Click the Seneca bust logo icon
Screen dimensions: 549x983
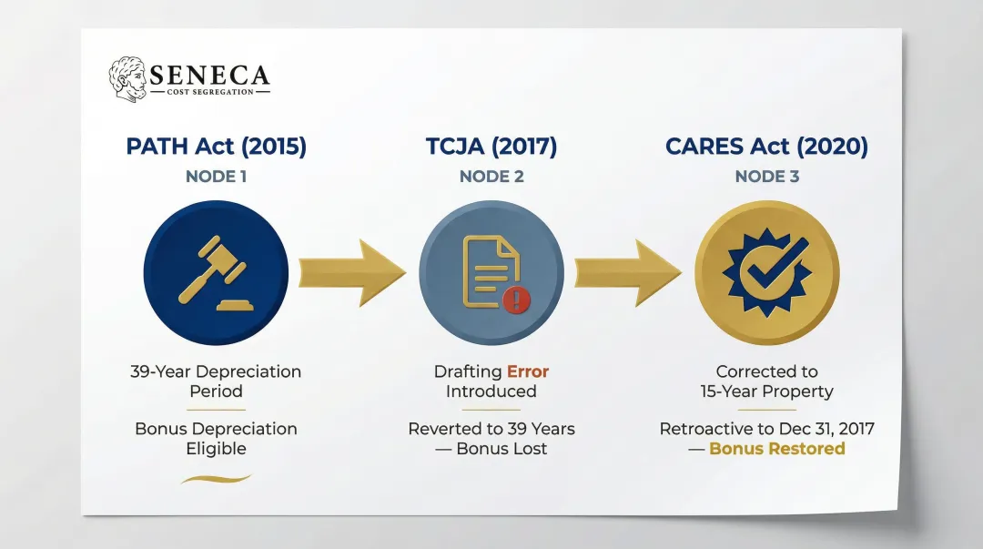tap(127, 79)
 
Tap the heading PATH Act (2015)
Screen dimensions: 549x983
tap(217, 147)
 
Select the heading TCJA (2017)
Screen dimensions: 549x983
tap(491, 147)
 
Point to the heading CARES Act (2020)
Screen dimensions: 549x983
tap(766, 147)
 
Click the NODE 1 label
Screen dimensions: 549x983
tap(217, 177)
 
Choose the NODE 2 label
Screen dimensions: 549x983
tap(491, 177)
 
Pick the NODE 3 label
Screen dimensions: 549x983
tap(766, 177)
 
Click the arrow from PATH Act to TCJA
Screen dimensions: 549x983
tap(351, 272)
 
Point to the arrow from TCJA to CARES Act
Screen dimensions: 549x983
tap(627, 272)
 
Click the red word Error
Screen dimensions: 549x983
tap(528, 371)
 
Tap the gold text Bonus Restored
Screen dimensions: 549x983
tap(776, 448)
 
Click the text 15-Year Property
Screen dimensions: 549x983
tap(766, 391)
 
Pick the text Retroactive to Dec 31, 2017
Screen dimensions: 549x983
tap(766, 428)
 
